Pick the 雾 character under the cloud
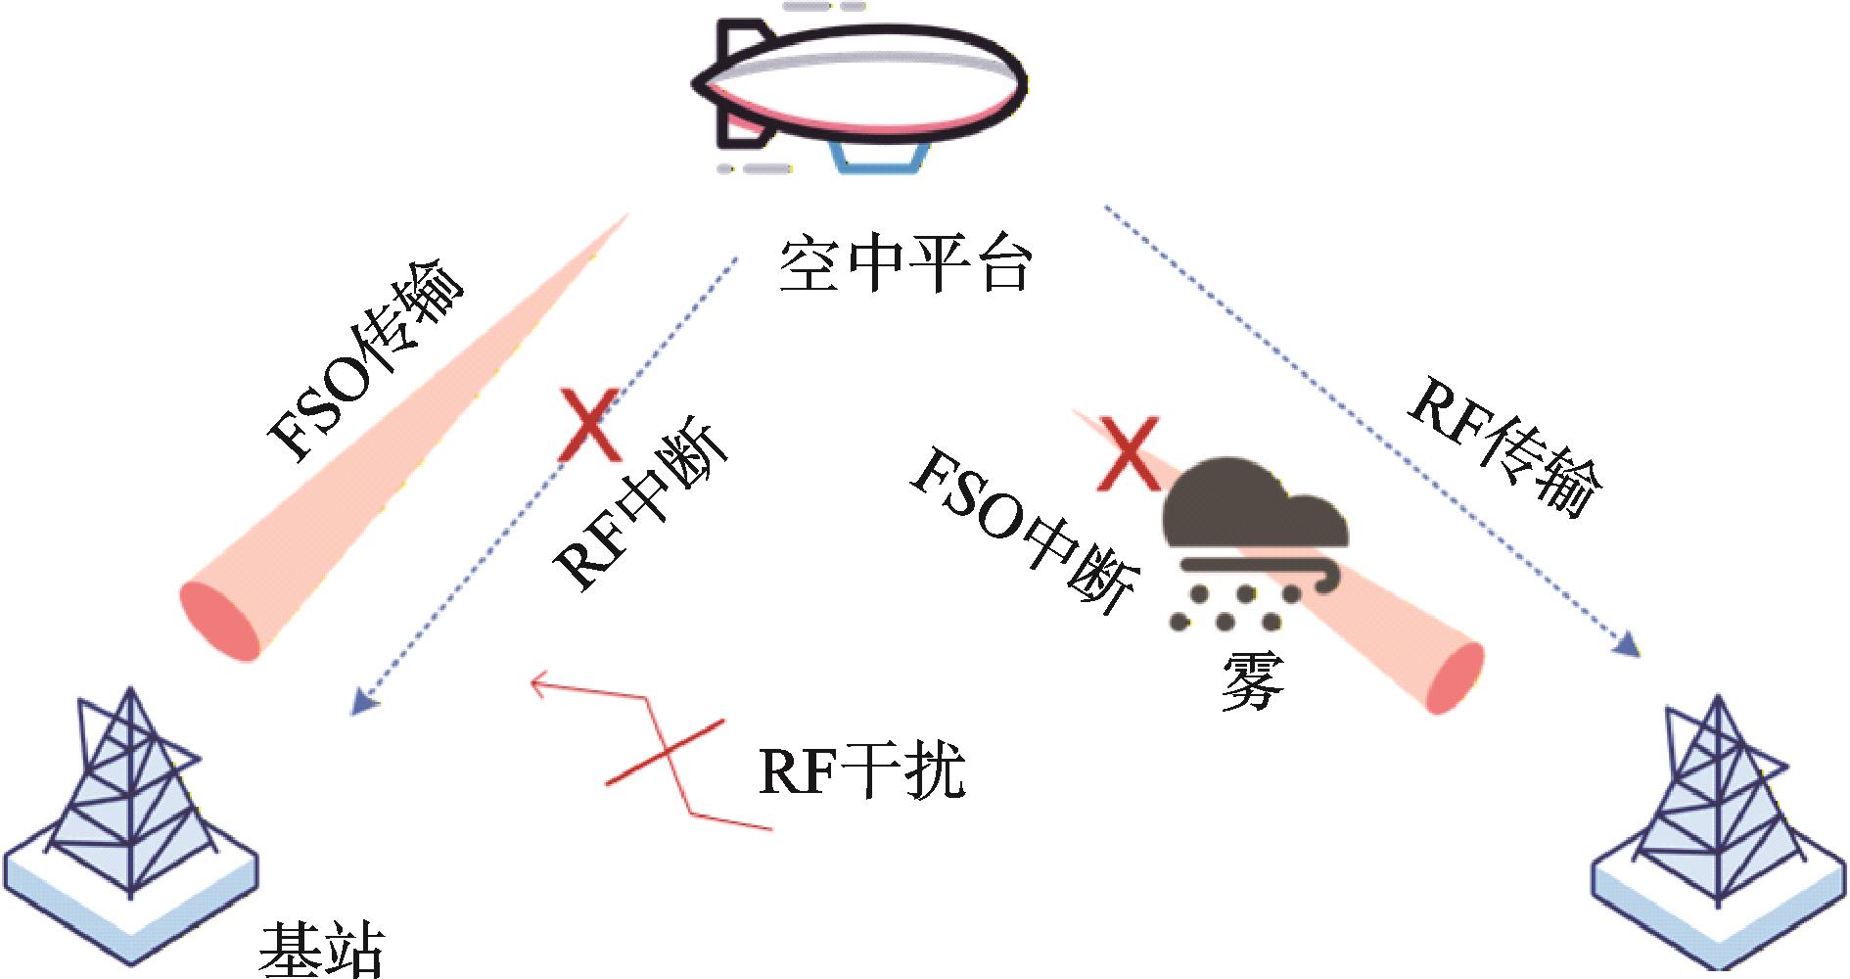pyautogui.click(x=1252, y=679)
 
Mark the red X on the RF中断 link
pyautogui.click(x=587, y=425)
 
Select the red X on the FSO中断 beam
pyautogui.click(x=1128, y=452)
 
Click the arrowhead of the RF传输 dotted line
pyautogui.click(x=1627, y=646)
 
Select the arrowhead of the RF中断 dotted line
pyautogui.click(x=363, y=701)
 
